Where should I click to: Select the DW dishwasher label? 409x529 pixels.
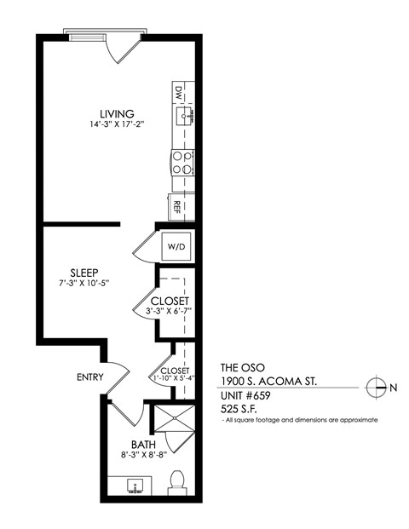[179, 91]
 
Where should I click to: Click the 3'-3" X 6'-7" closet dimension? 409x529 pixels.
[170, 312]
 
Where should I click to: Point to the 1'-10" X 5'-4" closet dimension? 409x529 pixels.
[174, 380]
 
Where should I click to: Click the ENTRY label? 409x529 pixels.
[89, 377]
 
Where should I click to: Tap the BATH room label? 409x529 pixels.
[142, 444]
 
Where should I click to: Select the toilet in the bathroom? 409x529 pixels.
[177, 483]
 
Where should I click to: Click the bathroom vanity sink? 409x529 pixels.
[135, 486]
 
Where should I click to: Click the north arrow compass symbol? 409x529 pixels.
[375, 388]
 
